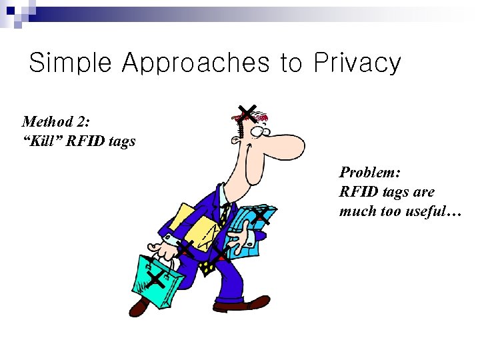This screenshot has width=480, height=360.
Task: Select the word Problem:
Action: [x=369, y=173]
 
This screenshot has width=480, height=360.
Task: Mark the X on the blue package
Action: [x=261, y=215]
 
